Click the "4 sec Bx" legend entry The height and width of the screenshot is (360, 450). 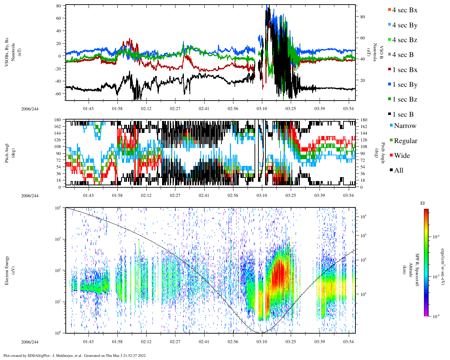click(x=404, y=10)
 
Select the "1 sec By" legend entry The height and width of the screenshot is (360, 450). click(x=404, y=85)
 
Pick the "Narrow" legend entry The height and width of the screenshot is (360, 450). click(x=405, y=126)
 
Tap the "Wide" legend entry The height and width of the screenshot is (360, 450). click(x=401, y=156)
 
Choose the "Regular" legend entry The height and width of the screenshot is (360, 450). click(x=405, y=141)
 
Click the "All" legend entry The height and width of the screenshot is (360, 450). click(x=398, y=171)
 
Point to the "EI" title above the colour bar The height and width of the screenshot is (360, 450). click(x=423, y=203)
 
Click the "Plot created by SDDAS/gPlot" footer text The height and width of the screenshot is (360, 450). click(x=75, y=355)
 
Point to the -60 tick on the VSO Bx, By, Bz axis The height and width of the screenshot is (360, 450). click(x=58, y=94)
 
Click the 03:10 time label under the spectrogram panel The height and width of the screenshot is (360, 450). click(x=262, y=342)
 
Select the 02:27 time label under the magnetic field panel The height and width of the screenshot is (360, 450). click(x=175, y=109)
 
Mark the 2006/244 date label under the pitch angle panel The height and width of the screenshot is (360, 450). click(x=30, y=195)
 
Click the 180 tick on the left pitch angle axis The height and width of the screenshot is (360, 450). click(x=58, y=120)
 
